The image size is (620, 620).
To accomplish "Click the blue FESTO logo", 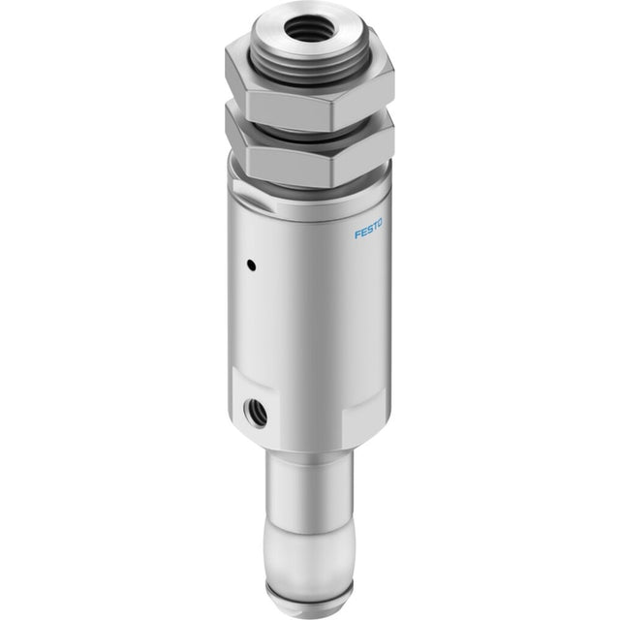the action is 368,230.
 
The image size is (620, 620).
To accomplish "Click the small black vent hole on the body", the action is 251,264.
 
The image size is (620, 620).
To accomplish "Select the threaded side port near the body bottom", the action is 255,414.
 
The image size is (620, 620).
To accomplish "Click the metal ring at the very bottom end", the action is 308,601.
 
